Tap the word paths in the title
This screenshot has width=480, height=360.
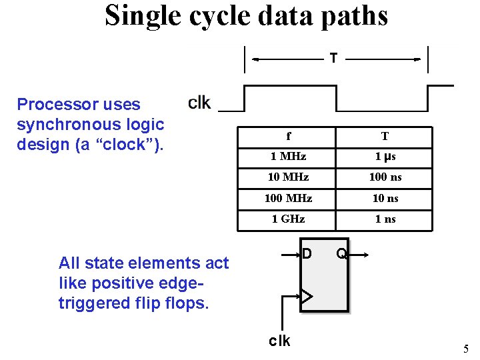point(353,16)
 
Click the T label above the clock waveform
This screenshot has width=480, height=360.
point(333,59)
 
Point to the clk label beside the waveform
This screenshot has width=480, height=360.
point(199,102)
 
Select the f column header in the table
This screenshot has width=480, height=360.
point(289,137)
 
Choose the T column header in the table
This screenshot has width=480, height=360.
point(385,137)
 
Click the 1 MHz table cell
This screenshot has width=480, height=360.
point(289,157)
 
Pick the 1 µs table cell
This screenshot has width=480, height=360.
point(385,157)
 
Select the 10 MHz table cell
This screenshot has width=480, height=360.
point(289,177)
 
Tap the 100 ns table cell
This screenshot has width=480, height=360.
point(385,177)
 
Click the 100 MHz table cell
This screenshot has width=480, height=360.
point(289,198)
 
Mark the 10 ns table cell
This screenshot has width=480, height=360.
point(385,198)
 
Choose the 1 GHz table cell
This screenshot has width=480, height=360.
point(289,219)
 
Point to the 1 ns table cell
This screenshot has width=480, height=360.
point(385,219)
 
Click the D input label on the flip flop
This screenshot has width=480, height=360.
point(307,253)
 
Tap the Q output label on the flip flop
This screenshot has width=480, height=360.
point(341,253)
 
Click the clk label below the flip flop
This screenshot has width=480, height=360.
point(279,341)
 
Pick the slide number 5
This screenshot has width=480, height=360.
point(466,348)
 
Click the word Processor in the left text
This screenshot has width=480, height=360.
point(55,104)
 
